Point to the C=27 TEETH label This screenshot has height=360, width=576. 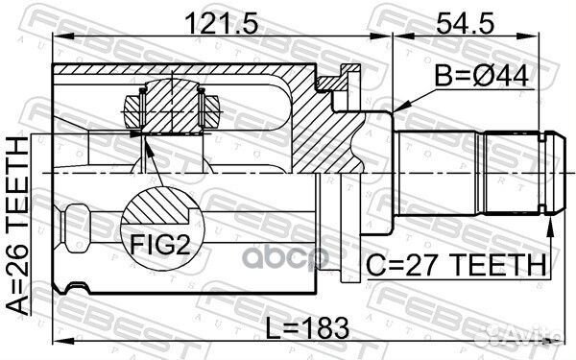point(458,263)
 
